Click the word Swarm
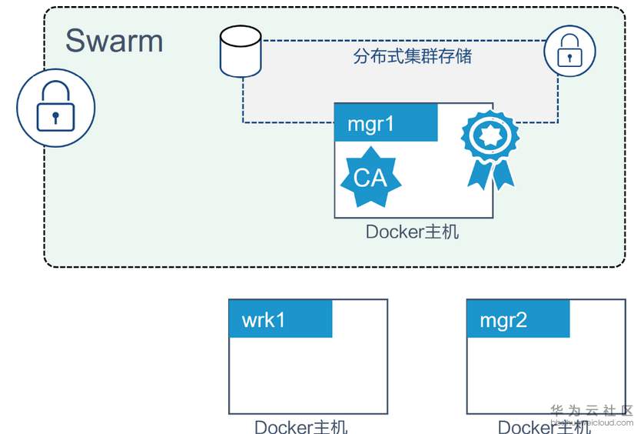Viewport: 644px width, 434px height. pos(114,41)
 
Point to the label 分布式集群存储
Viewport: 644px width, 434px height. pos(413,56)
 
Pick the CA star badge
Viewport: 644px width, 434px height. pos(371,177)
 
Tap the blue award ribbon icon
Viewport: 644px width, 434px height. pos(490,147)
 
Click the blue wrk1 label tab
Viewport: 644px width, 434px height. pos(281,319)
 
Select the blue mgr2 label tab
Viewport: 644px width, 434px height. pos(518,319)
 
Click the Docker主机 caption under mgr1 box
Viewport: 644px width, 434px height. pos(412,232)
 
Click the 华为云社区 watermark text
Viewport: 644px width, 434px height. pos(592,411)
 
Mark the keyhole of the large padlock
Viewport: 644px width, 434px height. pos(55,117)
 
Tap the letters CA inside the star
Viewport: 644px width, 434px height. pos(370,179)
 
